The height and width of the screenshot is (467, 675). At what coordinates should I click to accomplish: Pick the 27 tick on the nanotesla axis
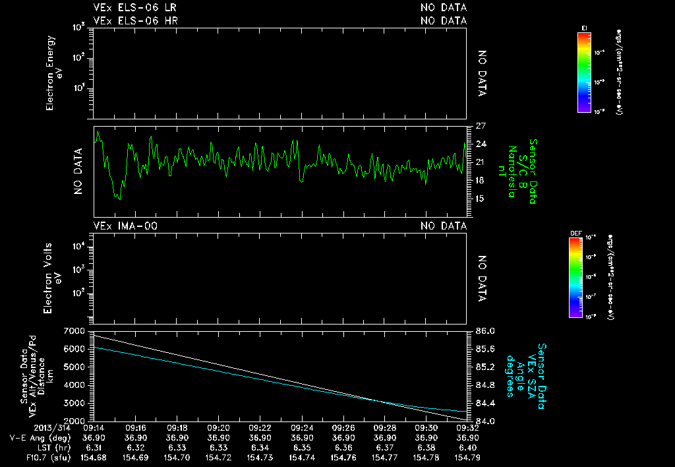click(481, 126)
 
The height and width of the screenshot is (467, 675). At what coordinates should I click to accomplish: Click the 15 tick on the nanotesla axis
click(481, 199)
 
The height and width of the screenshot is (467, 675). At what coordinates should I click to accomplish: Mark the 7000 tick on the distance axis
click(75, 330)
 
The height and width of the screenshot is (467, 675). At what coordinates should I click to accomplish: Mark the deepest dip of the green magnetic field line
click(119, 199)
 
